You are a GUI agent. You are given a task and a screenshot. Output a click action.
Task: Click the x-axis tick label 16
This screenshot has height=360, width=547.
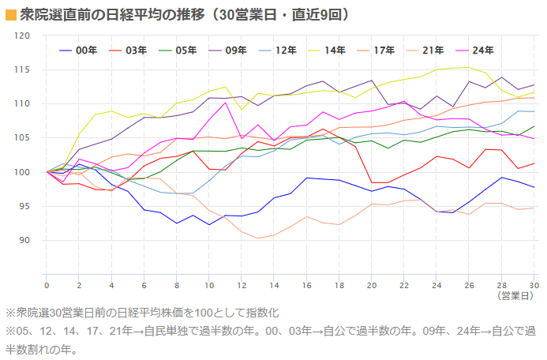point(306,285)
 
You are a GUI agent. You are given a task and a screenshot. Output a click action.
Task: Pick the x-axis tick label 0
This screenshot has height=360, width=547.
point(47,285)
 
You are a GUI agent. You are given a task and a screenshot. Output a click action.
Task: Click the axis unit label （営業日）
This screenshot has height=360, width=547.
point(517,296)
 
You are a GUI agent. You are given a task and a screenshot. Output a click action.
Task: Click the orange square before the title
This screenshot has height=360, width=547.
point(10,14)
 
